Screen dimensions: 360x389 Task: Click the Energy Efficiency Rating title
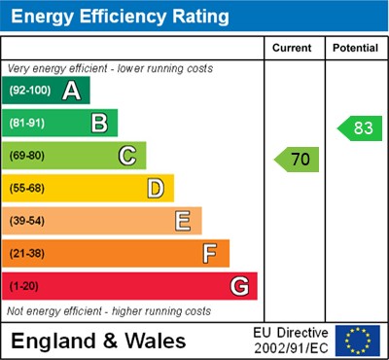120,17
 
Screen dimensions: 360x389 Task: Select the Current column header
292,48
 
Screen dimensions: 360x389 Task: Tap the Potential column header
355,48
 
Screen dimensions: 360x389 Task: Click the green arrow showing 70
297,160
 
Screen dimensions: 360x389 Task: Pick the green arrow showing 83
359,127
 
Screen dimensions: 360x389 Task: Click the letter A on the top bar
71,91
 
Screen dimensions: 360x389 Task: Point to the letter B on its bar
99,124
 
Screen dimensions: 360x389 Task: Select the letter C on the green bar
127,156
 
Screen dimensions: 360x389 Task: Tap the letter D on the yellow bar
156,188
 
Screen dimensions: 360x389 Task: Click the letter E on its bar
183,221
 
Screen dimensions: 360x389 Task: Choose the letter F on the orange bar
210,254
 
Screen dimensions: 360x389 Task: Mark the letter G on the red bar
239,287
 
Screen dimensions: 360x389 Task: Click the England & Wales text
98,341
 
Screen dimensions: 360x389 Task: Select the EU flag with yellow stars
358,341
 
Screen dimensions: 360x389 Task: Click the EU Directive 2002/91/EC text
291,341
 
